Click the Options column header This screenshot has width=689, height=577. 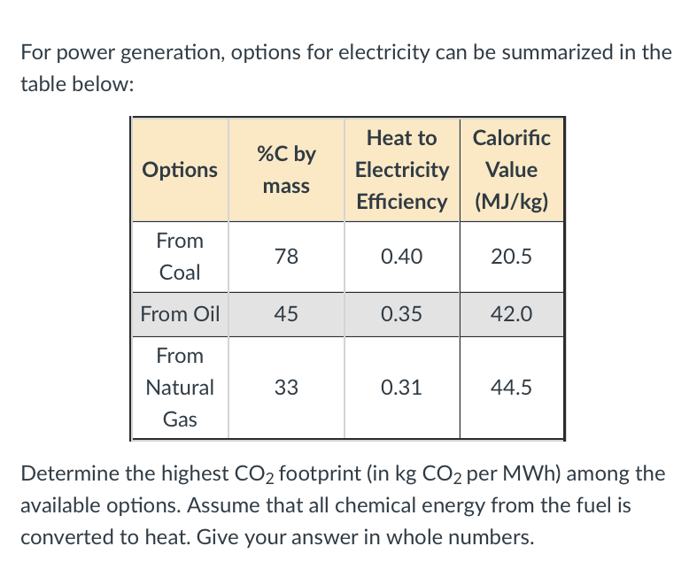coord(180,169)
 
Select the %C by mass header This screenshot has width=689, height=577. coord(286,169)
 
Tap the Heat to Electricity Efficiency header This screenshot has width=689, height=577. coord(401,169)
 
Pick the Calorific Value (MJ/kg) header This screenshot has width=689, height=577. coord(511,169)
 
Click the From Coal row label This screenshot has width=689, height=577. coord(180,257)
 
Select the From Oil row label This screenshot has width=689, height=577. coord(180,314)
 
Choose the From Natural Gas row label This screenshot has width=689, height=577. coord(180,388)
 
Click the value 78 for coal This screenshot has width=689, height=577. coord(286,257)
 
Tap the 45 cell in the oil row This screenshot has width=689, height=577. coord(286,314)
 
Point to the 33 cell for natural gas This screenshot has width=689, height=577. coord(286,388)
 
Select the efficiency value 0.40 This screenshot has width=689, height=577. coord(401,257)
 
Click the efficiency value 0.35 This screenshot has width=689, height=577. coord(401,314)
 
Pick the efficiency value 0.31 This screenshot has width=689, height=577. coord(401,388)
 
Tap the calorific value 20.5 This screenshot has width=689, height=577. coord(511,257)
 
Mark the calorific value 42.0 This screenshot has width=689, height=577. coord(511,314)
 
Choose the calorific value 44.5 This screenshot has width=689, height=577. coord(511,388)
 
